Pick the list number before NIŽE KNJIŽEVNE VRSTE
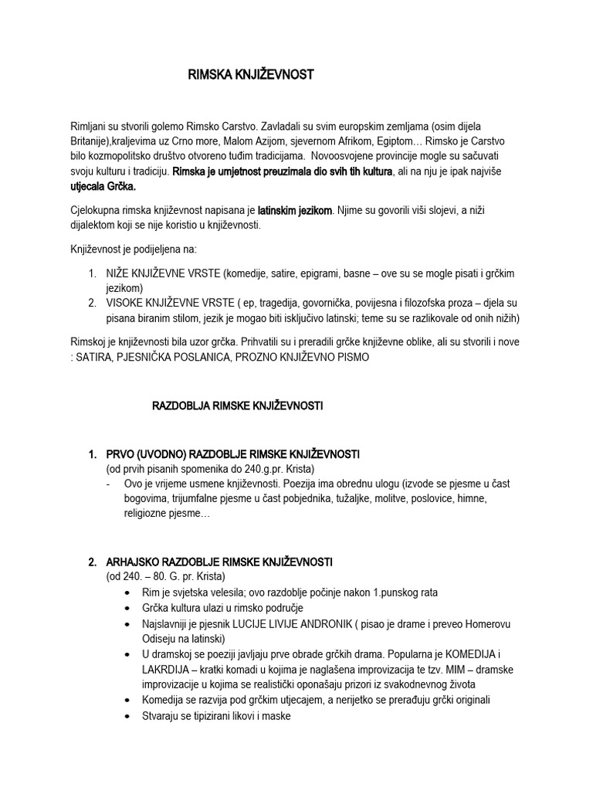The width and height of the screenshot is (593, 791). [x=93, y=274]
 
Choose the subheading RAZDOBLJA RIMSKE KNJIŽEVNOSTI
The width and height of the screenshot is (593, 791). [x=238, y=406]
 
